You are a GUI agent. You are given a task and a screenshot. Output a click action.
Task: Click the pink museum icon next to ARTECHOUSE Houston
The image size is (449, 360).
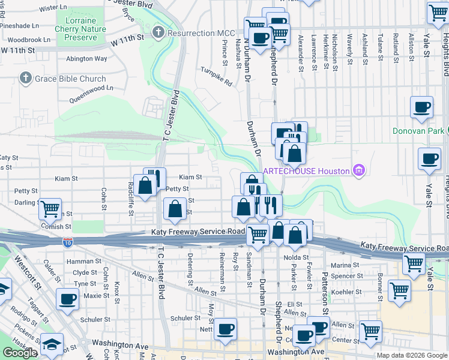pyautogui.click(x=359, y=171)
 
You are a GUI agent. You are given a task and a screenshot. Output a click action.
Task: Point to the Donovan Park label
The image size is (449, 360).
pyautogui.click(x=418, y=131)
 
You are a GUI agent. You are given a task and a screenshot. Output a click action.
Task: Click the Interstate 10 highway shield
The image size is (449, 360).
pyautogui.click(x=67, y=241)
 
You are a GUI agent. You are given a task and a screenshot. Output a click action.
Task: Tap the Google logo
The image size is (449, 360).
pyautogui.click(x=20, y=353)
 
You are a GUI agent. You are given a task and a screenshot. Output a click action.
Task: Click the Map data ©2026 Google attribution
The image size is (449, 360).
pyautogui.click(x=411, y=355)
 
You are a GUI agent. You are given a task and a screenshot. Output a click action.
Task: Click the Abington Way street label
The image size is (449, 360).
pyautogui.click(x=86, y=59)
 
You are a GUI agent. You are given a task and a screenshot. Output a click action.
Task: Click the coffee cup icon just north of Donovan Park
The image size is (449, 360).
pyautogui.click(x=421, y=107)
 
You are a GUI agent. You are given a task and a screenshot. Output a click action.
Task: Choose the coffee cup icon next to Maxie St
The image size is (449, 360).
pyautogui.click(x=67, y=298)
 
